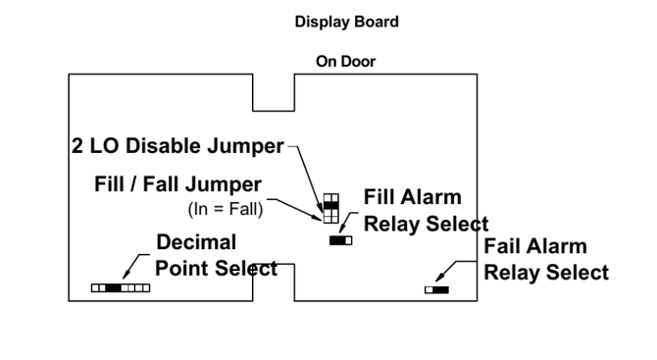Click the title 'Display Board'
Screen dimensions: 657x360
tap(346, 22)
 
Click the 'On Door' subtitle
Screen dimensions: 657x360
tap(346, 62)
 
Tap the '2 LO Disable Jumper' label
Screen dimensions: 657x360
tap(177, 146)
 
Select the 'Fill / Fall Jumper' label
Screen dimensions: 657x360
tap(177, 184)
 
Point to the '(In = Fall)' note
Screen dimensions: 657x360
tap(226, 209)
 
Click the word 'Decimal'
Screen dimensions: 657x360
tap(196, 242)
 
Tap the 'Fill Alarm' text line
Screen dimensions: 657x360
tap(412, 197)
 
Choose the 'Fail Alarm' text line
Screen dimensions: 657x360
tap(535, 246)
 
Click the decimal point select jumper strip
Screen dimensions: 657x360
tap(121, 288)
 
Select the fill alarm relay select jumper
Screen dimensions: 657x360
tap(340, 240)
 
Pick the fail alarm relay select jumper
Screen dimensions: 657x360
tap(436, 290)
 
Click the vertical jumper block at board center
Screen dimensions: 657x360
tap(331, 208)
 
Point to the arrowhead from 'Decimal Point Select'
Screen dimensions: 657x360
tap(126, 275)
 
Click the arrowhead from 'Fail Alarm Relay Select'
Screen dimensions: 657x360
tap(438, 278)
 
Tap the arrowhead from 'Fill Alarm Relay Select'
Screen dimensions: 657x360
tap(341, 229)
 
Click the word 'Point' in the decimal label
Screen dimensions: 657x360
tap(182, 269)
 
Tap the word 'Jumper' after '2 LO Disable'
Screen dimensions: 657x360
tap(245, 147)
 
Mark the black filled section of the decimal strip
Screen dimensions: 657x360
tap(113, 288)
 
